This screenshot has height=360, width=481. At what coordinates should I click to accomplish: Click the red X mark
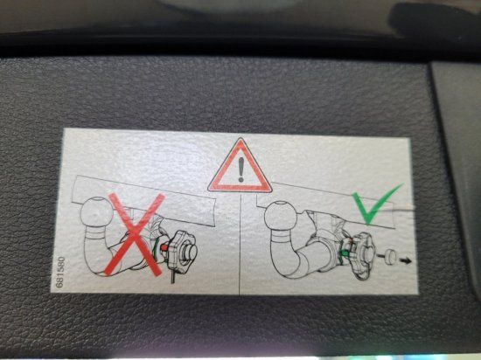pyautogui.click(x=135, y=234)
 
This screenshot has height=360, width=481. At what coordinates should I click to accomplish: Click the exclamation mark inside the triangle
pyautogui.click(x=240, y=170)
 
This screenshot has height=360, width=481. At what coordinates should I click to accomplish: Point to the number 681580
pyautogui.click(x=60, y=272)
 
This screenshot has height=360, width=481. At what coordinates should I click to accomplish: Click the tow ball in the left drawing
pyautogui.click(x=96, y=211)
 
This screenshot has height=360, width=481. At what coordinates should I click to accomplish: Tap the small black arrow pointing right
pyautogui.click(x=406, y=260)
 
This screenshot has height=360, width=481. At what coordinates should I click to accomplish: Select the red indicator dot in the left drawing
pyautogui.click(x=164, y=246)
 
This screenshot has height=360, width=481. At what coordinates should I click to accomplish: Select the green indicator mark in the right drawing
pyautogui.click(x=345, y=253)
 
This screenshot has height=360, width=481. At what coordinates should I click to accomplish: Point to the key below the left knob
pyautogui.click(x=172, y=276)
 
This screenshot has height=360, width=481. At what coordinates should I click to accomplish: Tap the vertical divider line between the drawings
pyautogui.click(x=240, y=244)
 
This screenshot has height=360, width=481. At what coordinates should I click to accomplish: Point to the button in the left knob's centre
pyautogui.click(x=190, y=253)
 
